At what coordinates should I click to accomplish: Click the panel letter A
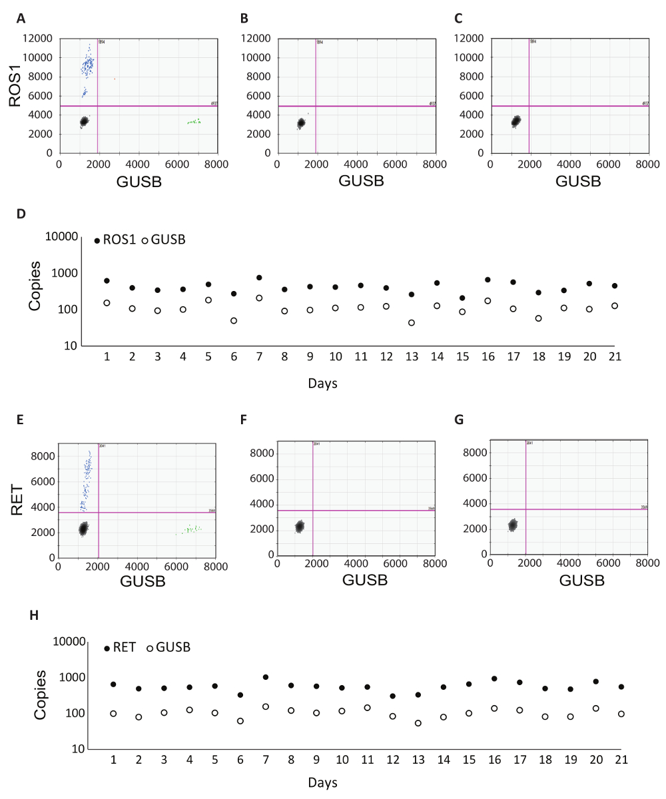21,19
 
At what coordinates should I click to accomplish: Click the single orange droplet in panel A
115,79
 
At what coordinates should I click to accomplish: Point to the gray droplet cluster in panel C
516,122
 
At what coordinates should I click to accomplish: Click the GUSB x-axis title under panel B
361,180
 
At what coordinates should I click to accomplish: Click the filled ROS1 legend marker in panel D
97,240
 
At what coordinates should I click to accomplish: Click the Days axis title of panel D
322,384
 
